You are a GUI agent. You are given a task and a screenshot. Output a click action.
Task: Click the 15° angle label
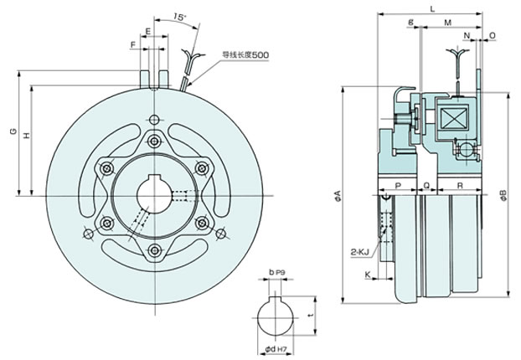coord(179,17)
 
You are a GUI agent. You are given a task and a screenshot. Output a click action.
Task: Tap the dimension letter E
coord(148,32)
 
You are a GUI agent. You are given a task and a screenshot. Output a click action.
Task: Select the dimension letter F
coord(133,45)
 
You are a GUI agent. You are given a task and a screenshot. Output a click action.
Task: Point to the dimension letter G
coord(13,131)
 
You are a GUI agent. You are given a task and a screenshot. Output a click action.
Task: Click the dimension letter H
coord(27,136)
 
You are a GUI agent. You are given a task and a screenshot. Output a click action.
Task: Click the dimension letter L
coord(432,9)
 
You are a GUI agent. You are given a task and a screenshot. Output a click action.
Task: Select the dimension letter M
coord(448,23)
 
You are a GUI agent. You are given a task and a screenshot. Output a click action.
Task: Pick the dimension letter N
coord(467,35)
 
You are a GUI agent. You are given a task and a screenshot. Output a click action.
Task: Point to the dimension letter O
coord(493,35)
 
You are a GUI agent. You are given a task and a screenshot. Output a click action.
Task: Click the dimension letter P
coord(398,186)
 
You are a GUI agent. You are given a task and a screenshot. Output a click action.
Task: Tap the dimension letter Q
coord(427,186)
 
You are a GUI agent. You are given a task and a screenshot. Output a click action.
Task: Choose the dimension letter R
coord(460,186)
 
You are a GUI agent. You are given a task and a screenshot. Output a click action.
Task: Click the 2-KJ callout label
coord(360,253)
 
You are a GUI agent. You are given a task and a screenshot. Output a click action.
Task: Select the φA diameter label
coord(338,196)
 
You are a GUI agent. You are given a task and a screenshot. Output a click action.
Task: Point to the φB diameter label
coord(503,195)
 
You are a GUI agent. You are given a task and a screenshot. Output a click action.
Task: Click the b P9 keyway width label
coord(277,272)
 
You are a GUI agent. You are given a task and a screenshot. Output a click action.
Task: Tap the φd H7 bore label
coord(276,349)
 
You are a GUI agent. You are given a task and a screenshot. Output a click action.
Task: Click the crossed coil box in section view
coord(453,118)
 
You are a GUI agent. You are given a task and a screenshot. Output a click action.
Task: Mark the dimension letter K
coord(368,275)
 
